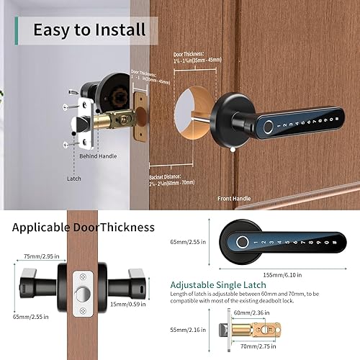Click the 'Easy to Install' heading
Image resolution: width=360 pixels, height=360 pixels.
(x=89, y=30)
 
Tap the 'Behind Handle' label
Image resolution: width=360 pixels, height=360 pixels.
(x=98, y=156)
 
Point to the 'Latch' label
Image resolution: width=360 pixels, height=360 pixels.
(x=74, y=179)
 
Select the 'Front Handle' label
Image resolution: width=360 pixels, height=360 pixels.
(x=235, y=197)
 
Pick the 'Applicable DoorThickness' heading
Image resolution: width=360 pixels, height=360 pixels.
(x=84, y=228)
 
